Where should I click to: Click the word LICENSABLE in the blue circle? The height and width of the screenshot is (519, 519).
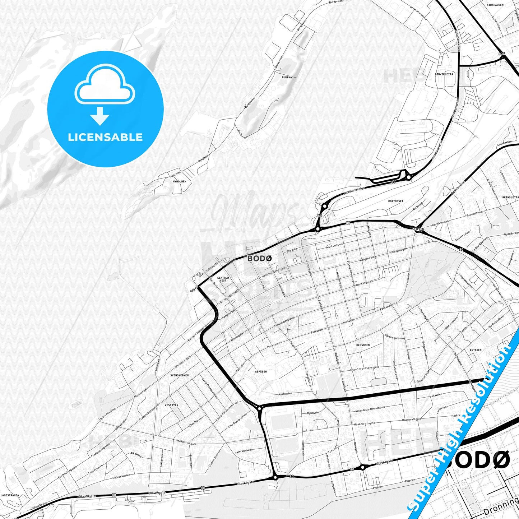click(105, 137)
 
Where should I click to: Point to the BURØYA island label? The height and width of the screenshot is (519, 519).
click(287, 77)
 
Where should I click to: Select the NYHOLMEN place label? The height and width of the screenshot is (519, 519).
click(180, 181)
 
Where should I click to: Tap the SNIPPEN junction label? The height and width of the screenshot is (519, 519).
click(418, 229)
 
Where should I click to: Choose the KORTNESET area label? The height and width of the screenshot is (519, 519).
click(395, 201)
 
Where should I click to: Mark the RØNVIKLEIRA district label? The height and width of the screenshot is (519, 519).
click(444, 74)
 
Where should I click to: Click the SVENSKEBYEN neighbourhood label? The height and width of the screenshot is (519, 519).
click(180, 375)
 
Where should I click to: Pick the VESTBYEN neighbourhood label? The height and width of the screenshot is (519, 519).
click(171, 405)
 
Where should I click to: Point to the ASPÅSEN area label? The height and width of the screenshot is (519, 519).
click(261, 371)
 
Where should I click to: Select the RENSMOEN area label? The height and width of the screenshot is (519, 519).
click(363, 345)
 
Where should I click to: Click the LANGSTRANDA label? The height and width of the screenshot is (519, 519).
click(10, 495)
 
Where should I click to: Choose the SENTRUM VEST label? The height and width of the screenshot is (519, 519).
click(223, 279)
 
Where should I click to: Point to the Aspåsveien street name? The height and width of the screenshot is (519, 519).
click(287, 394)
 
